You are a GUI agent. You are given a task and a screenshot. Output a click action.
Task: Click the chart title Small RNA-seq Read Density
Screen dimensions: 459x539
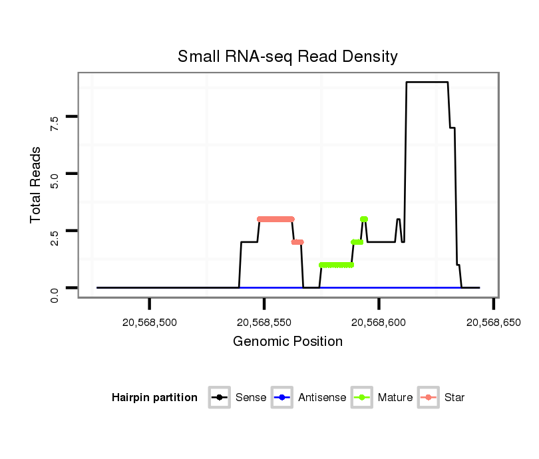[x=287, y=57]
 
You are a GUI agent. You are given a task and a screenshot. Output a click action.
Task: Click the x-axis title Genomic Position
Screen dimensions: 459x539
[x=287, y=342]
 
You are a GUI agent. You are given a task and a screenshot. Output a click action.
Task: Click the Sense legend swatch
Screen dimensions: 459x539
[x=220, y=398]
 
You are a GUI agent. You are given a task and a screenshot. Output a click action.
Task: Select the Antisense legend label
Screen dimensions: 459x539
[x=322, y=398]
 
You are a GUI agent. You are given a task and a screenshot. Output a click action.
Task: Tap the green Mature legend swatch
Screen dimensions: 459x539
[x=362, y=398]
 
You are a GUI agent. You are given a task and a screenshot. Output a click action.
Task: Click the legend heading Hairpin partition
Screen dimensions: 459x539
[x=154, y=398]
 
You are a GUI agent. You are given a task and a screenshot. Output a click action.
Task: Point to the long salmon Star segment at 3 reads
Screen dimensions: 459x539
[x=275, y=219]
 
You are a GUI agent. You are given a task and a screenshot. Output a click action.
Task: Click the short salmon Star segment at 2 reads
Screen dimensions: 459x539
[x=297, y=242]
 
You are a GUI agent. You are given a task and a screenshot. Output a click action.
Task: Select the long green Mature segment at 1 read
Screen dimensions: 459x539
[x=336, y=265]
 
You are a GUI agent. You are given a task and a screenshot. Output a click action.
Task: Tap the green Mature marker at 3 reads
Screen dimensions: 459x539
[x=364, y=219]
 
